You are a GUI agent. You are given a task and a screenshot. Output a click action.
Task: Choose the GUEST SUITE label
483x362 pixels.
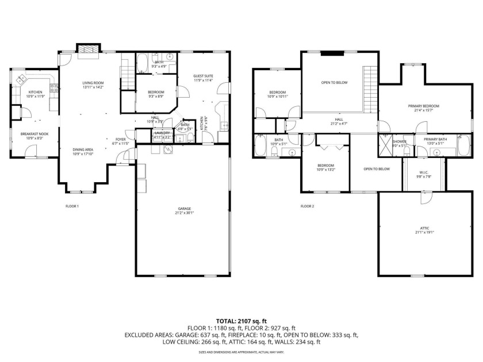click(203, 78)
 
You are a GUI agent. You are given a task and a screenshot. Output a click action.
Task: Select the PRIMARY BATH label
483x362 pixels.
click(435, 140)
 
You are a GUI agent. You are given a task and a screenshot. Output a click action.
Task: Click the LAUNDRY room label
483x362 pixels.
click(162, 133)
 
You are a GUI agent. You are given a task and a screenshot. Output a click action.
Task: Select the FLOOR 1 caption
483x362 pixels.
click(72, 206)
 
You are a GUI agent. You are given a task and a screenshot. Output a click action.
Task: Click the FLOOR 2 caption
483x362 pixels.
click(308, 206)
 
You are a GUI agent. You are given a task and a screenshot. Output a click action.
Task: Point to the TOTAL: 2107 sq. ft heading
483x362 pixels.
click(241, 321)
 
